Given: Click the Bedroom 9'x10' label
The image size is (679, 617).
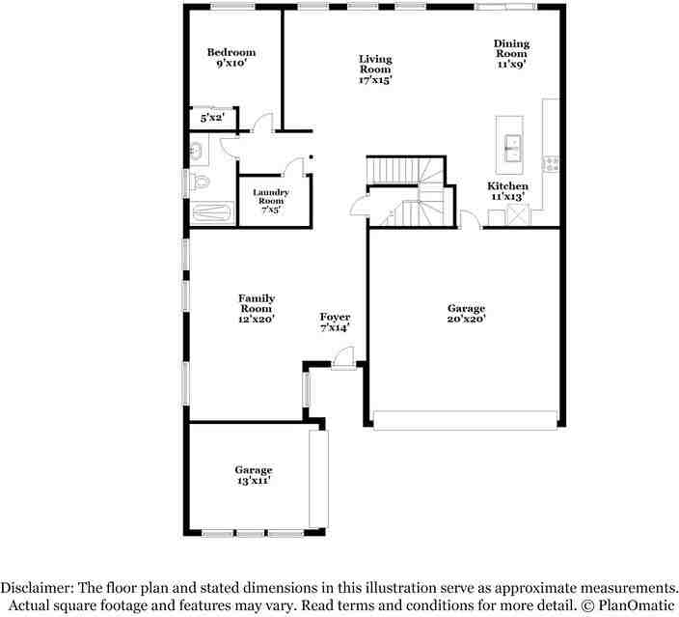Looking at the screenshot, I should [231, 57].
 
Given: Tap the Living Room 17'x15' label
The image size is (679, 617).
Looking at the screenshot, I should [375, 70].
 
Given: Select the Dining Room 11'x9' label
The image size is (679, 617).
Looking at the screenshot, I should [511, 54].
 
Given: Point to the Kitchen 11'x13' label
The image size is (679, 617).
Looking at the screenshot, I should [507, 191].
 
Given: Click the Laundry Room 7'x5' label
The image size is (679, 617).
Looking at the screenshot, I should [271, 201].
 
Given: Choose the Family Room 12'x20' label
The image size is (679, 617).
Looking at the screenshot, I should [257, 308].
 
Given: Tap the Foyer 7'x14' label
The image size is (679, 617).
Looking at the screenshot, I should [335, 323].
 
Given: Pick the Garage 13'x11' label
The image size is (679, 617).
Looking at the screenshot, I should [254, 475].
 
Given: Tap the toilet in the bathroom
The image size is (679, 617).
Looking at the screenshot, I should [200, 182].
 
